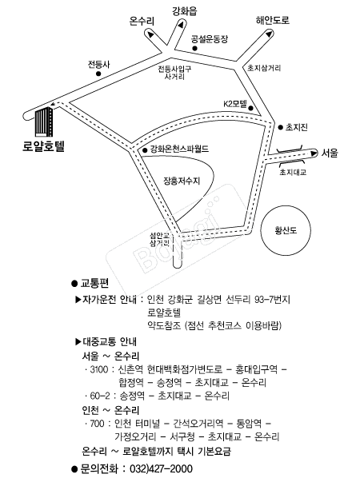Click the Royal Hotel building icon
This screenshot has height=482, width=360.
pyautogui.click(x=44, y=122)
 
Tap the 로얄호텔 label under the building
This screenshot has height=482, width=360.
pyautogui.click(x=43, y=146)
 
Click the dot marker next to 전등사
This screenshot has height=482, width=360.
pyautogui.click(x=98, y=74)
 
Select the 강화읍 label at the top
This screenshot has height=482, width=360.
pyautogui.click(x=185, y=11)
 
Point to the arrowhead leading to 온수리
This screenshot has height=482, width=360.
pyautogui.click(x=150, y=34)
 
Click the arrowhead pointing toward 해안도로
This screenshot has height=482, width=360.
pyautogui.click(x=269, y=34)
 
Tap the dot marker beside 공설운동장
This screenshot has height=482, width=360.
pyautogui.click(x=194, y=48)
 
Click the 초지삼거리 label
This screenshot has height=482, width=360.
pyautogui.click(x=264, y=68)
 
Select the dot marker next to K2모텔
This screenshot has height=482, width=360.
pyautogui.click(x=250, y=108)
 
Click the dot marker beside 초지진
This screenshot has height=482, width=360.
pyautogui.click(x=280, y=127)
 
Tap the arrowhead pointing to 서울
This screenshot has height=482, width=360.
pyautogui.click(x=314, y=153)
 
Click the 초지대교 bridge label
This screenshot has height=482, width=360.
pyautogui.click(x=293, y=172)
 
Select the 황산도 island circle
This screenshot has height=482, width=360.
pyautogui.click(x=286, y=230)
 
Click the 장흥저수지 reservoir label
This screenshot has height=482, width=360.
pyautogui.click(x=182, y=181)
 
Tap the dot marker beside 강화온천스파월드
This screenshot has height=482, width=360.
pyautogui.click(x=145, y=150)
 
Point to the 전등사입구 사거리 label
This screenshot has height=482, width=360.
pyautogui.click(x=174, y=73)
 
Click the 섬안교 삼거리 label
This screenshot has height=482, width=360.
pyautogui.click(x=160, y=240)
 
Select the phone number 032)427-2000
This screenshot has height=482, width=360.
pyautogui.click(x=162, y=468)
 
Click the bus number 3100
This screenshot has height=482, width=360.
pyautogui.click(x=99, y=369)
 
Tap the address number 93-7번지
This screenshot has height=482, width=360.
pyautogui.click(x=273, y=299)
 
